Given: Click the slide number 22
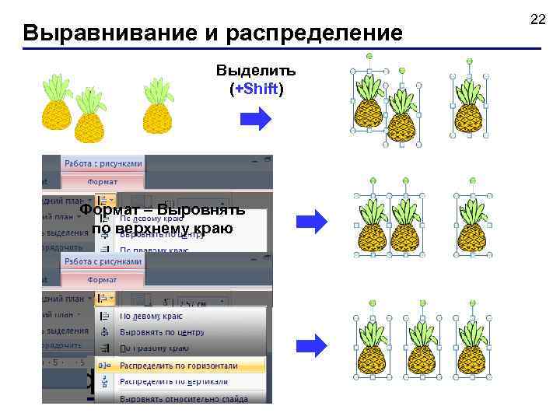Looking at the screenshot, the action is pos(537,18).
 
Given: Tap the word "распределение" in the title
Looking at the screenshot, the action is pos(321,33).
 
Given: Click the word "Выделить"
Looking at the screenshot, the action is pos(256,71).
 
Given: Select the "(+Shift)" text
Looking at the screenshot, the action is pos(256,89).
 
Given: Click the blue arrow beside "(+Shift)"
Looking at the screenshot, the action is pos(255,119).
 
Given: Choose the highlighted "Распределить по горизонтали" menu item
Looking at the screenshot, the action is pos(178,365).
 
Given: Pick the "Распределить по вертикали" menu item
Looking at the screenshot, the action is pos(173,381).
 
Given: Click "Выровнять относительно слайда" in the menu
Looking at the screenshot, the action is pos(184,398).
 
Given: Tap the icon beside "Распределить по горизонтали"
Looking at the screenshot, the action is pos(104,365).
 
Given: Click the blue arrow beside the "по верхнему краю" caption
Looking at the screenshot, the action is pos(314,222).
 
